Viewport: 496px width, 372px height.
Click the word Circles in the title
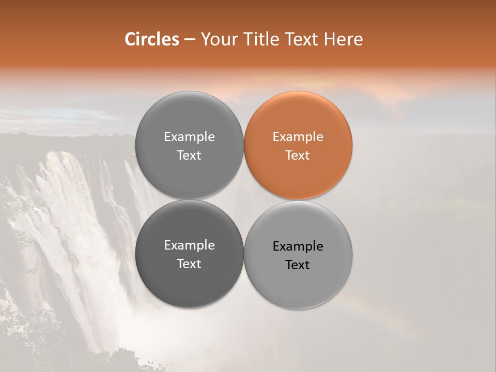151,39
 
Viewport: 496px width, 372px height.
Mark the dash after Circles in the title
190,40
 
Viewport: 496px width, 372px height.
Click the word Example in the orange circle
298,137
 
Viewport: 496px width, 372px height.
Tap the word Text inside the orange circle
298,156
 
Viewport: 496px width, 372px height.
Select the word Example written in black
298,246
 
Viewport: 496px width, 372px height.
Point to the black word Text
298,265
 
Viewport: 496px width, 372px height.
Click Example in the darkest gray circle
189,245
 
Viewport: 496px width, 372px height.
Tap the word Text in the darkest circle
189,264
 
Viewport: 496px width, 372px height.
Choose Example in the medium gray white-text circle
189,137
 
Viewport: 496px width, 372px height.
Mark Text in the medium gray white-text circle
189,156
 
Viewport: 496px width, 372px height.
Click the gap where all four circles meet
244,200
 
